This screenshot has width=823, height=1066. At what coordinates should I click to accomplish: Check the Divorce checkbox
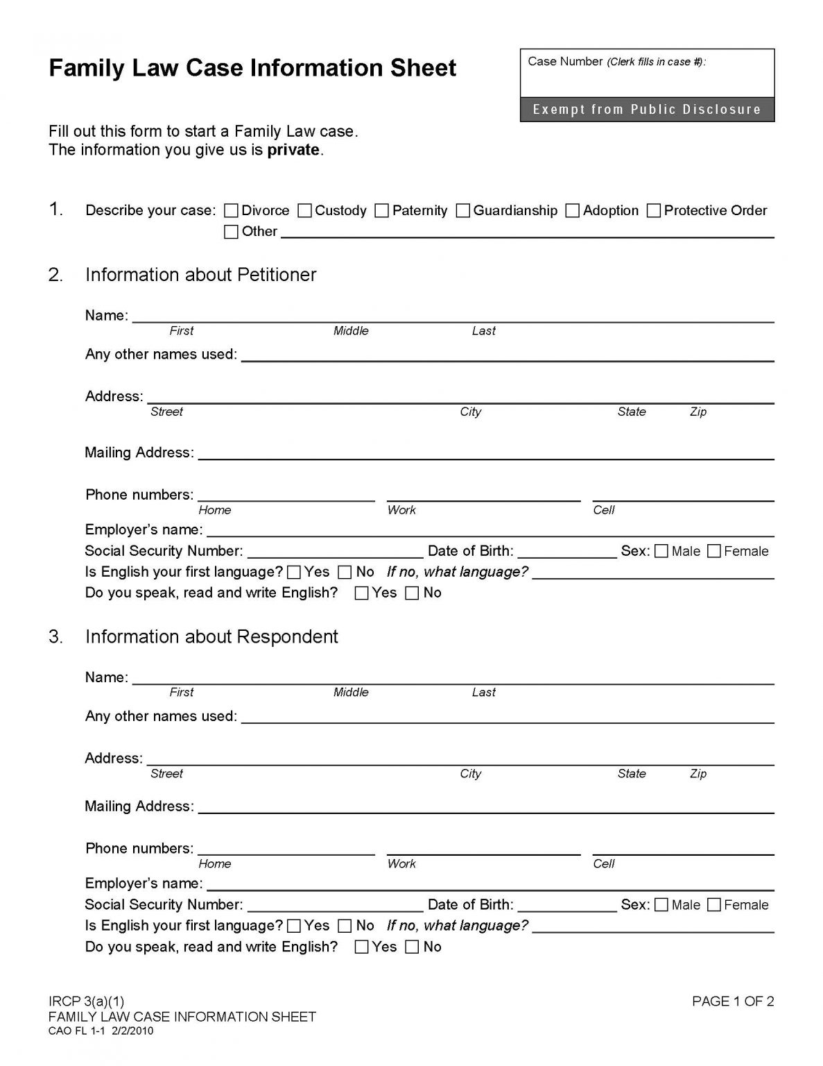232,211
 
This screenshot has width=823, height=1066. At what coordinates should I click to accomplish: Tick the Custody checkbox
305,211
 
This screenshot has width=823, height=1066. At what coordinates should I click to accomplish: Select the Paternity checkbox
382,211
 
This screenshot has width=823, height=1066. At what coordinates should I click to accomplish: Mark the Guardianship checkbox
463,211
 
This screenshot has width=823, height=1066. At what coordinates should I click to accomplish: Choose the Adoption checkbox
573,211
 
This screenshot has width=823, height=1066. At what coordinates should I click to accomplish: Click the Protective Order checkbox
654,211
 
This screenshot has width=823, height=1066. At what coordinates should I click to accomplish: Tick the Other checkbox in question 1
232,232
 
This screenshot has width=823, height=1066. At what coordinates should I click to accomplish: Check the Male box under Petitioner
661,552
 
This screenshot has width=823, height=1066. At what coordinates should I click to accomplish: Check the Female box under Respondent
714,905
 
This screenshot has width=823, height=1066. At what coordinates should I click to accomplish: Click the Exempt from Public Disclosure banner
647,110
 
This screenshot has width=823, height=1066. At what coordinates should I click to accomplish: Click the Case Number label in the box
565,62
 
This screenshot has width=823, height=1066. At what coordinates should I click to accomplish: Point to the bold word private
293,150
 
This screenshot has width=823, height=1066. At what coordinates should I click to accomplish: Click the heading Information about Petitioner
200,275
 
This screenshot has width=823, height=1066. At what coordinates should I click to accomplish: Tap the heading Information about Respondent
211,637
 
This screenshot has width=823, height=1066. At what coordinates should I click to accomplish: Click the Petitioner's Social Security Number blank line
335,552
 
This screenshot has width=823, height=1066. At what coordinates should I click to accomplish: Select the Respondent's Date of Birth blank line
567,906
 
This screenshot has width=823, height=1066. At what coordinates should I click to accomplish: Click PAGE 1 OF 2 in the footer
733,1001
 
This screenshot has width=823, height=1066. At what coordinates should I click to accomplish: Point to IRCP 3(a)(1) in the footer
87,1001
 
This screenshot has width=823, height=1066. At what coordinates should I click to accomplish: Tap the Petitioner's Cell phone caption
604,510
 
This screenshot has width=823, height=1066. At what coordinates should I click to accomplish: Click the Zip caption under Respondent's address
698,774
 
